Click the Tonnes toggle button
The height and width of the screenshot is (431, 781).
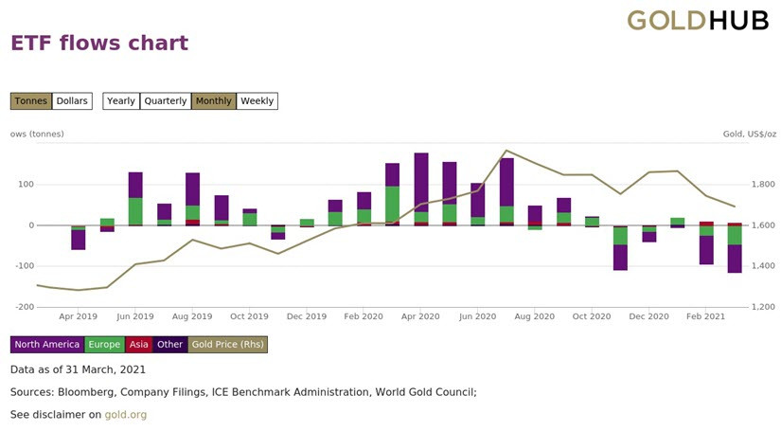click(31, 101)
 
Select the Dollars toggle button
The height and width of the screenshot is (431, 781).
click(72, 101)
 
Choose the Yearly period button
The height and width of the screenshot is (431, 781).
click(121, 101)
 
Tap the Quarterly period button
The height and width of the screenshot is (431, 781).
click(166, 101)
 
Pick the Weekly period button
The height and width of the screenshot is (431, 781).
click(257, 101)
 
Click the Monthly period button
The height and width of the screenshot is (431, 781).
click(214, 101)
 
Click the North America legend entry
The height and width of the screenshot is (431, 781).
click(47, 344)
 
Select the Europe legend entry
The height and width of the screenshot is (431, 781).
click(104, 344)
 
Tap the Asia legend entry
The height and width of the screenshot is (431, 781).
click(138, 344)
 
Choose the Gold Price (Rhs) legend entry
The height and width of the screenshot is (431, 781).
click(227, 344)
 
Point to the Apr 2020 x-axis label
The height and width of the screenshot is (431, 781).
click(420, 316)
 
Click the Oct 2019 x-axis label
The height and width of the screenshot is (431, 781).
click(249, 316)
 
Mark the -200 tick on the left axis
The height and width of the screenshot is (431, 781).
click(25, 307)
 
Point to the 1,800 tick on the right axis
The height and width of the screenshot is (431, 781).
click(763, 185)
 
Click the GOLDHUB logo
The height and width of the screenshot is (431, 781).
click(698, 21)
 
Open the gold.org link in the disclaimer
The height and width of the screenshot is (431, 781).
click(126, 415)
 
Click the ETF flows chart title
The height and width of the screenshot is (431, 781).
click(99, 43)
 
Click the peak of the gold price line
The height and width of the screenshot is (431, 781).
click(506, 150)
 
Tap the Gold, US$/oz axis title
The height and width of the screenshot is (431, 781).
click(750, 134)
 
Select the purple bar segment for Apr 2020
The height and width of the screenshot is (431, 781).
click(421, 183)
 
